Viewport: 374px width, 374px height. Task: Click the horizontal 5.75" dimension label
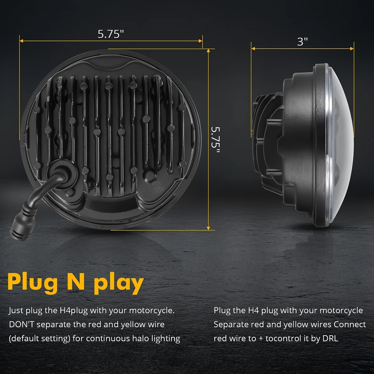111,34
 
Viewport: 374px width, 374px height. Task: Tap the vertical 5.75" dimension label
215,139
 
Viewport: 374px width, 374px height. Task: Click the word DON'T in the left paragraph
21,325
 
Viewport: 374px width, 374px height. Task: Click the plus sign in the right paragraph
260,338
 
